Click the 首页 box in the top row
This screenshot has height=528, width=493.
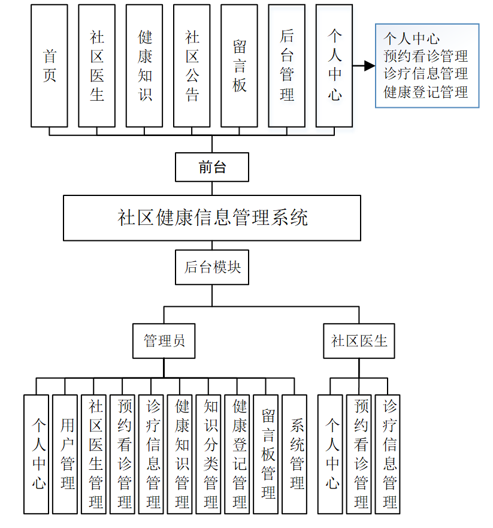49,66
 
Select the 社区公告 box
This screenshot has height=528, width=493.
192,66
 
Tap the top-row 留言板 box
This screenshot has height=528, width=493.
239,66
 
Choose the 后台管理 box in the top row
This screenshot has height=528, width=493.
286,66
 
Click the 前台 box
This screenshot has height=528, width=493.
211,167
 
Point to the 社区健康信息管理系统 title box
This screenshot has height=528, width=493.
212,218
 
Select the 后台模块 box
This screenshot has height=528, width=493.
212,267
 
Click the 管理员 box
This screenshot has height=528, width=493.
164,341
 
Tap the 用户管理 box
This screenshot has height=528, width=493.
65,454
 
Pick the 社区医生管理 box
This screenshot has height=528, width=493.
94,454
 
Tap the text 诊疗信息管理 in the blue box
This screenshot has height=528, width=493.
426,74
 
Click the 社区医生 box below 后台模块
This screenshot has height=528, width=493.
359,341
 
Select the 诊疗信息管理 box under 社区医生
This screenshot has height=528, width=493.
388,454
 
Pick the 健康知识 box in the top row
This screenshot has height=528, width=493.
144,66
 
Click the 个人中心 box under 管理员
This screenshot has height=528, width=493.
36,454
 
